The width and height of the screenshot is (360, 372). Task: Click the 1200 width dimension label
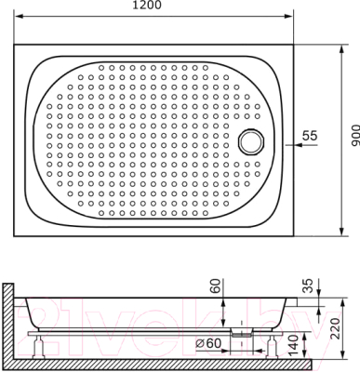(x=147, y=6)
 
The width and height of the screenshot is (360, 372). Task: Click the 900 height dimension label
(x=354, y=136)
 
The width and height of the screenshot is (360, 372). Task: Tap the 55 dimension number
(x=310, y=136)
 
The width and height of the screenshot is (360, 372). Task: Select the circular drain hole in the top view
(x=251, y=141)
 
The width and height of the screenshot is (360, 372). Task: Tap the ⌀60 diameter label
(x=209, y=343)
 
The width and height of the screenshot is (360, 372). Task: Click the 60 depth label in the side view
(x=215, y=286)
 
